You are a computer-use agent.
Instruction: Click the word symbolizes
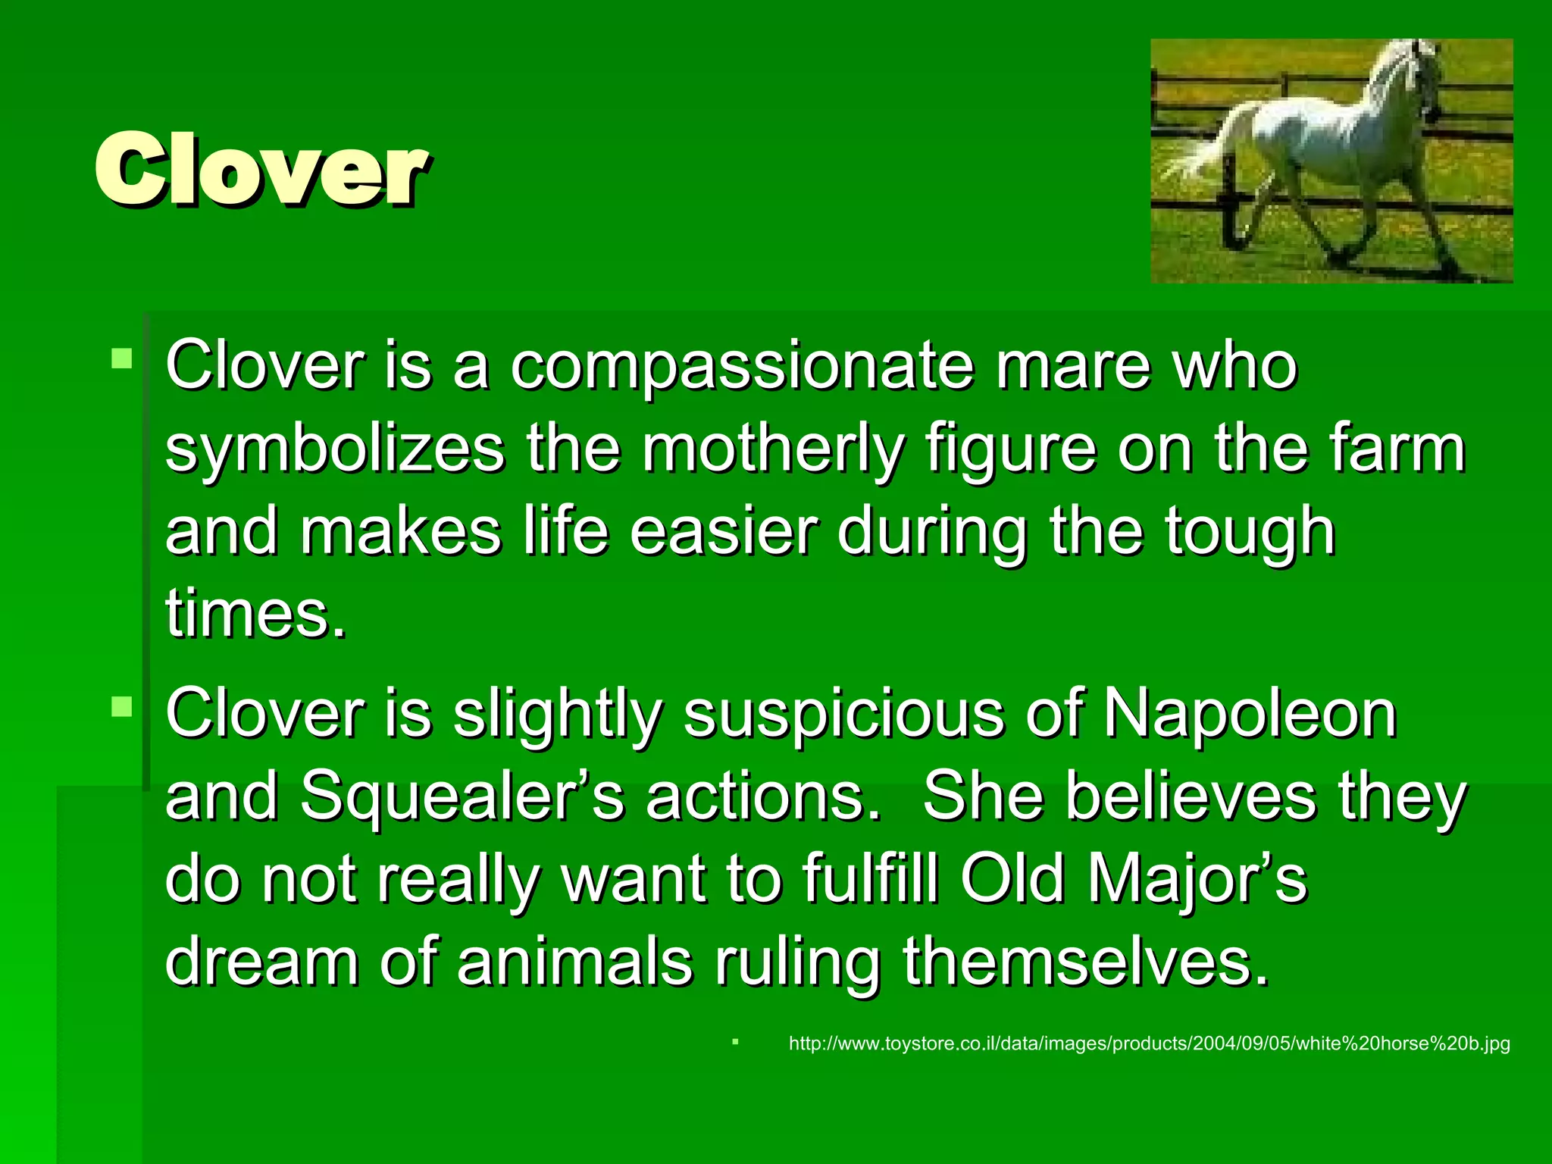pyautogui.click(x=334, y=450)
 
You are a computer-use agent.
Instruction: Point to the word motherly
pyautogui.click(x=773, y=450)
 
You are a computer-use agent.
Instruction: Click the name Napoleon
pyautogui.click(x=1249, y=714)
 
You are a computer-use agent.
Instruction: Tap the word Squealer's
pyautogui.click(x=462, y=797)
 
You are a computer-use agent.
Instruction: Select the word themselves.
pyautogui.click(x=1085, y=962)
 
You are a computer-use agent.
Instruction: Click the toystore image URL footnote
pyautogui.click(x=1149, y=1044)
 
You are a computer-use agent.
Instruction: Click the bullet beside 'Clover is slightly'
pyautogui.click(x=121, y=706)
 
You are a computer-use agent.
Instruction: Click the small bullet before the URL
pyautogui.click(x=735, y=1042)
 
